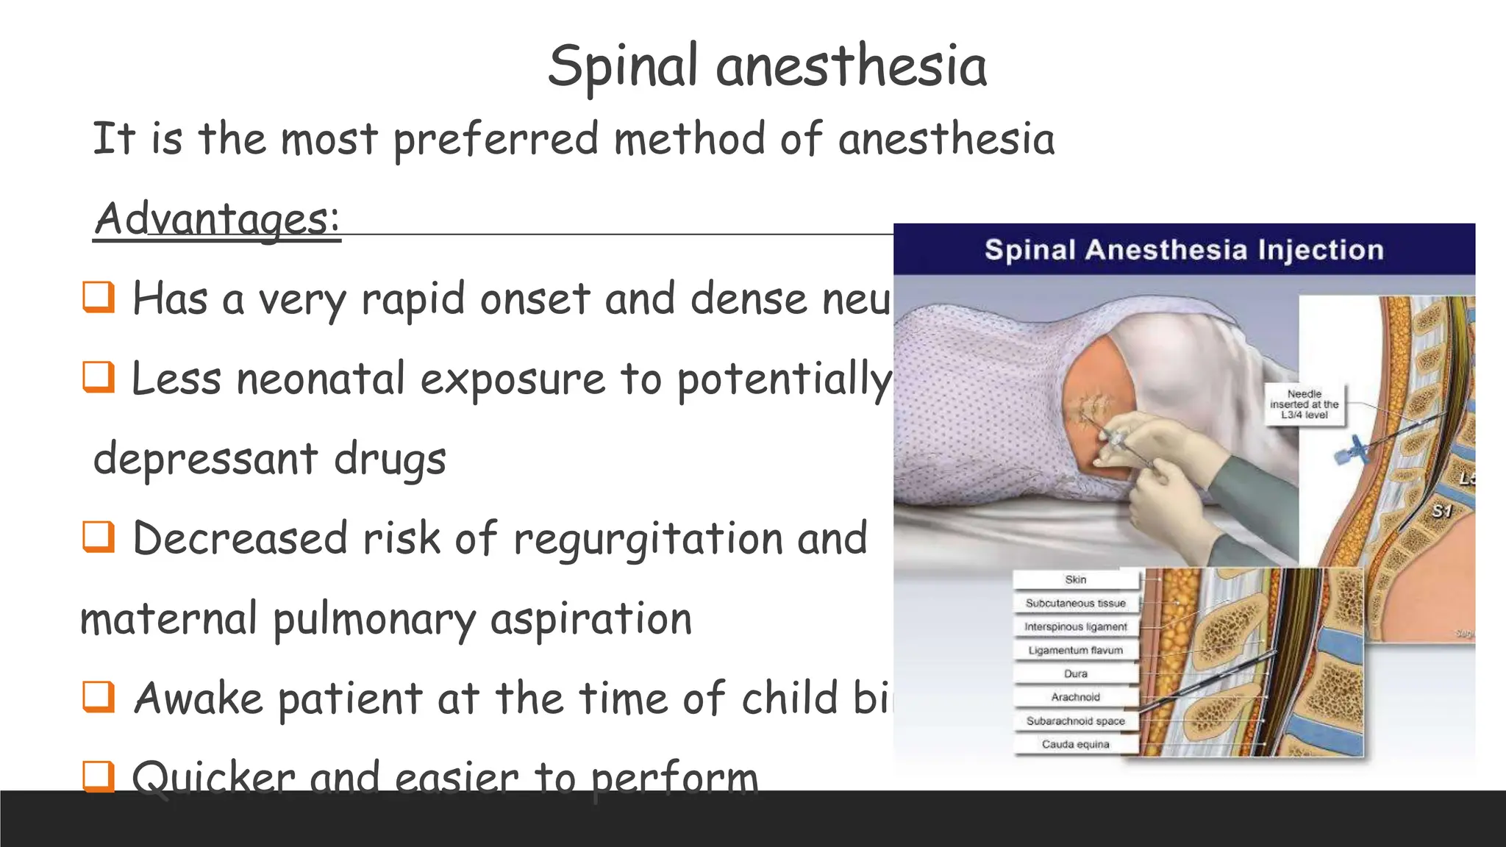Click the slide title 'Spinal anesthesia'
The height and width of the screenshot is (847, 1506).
coord(767,66)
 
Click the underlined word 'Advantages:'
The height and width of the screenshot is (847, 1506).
coord(217,218)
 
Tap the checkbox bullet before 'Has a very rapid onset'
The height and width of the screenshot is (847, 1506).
coord(99,297)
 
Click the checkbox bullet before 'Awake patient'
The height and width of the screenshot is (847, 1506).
coord(99,696)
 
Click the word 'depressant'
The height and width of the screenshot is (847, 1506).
coord(207,460)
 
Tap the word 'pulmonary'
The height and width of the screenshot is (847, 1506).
coord(374,620)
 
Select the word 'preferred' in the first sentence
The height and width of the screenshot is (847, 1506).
coord(496,140)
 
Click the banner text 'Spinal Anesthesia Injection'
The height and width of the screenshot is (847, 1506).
coord(1184,250)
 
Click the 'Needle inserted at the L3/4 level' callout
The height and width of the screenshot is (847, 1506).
coord(1304,404)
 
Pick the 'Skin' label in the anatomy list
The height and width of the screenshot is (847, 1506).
coord(1075,579)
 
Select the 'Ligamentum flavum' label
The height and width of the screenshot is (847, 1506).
coord(1075,650)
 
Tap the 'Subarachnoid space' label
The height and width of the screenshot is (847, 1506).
coord(1075,721)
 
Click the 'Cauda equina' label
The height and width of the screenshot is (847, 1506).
coord(1075,744)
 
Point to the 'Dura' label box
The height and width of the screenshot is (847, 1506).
coord(1075,673)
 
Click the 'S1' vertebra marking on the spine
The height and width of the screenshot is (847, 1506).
coord(1442,511)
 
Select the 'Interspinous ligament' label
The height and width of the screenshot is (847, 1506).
coord(1075,626)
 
